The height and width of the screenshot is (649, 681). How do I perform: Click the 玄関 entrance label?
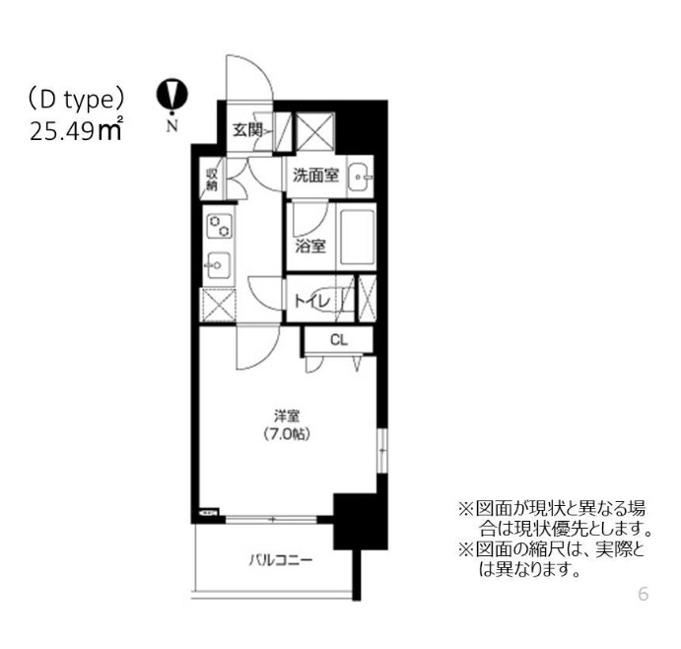pyautogui.click(x=246, y=130)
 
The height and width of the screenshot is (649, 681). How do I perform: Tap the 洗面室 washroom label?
pyautogui.click(x=315, y=176)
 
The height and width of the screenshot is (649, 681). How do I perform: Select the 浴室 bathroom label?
pyautogui.click(x=310, y=246)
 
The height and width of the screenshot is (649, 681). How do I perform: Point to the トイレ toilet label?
pyautogui.click(x=312, y=301)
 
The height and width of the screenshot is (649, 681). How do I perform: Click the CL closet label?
pyautogui.click(x=339, y=339)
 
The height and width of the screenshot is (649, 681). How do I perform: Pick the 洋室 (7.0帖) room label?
pyautogui.click(x=287, y=425)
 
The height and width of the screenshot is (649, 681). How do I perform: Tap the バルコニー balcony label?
pyautogui.click(x=281, y=559)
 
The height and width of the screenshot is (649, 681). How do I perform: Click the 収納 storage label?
pyautogui.click(x=212, y=179)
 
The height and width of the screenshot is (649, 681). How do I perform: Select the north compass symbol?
pyautogui.click(x=172, y=96)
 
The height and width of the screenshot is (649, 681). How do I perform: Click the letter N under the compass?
pyautogui.click(x=172, y=125)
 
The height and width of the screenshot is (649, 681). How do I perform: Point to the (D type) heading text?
pyautogui.click(x=76, y=101)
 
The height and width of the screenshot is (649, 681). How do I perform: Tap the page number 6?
pyautogui.click(x=644, y=594)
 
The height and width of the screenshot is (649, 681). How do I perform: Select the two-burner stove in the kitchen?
pyautogui.click(x=220, y=226)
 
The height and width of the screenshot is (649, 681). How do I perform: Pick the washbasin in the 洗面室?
pyautogui.click(x=360, y=177)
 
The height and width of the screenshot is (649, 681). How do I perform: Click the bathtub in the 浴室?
pyautogui.click(x=357, y=238)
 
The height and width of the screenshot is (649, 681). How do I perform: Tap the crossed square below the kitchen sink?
pyautogui.click(x=219, y=305)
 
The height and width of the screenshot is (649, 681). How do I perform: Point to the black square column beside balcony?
pyautogui.click(x=360, y=522)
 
